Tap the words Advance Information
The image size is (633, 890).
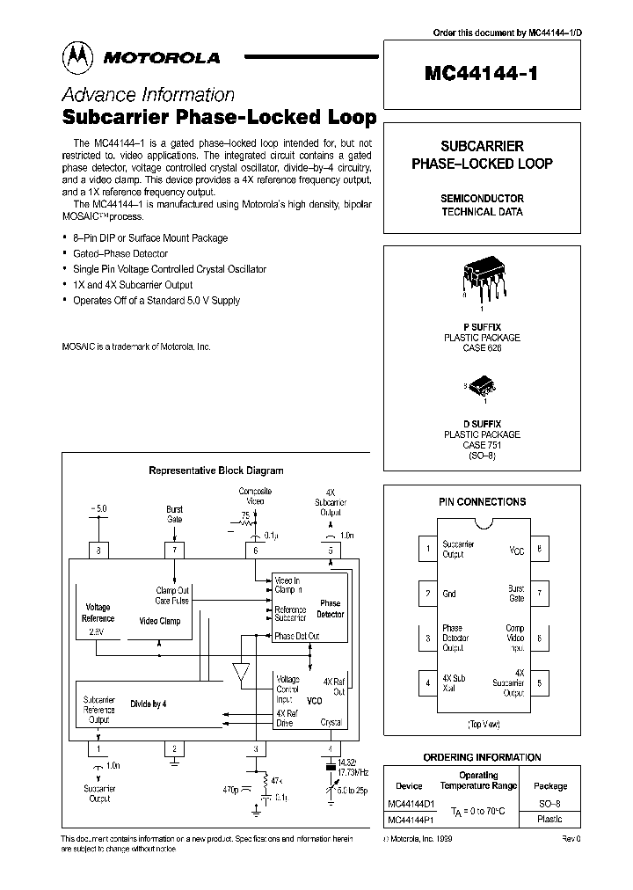coord(148,95)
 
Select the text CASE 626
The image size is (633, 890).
coord(481,348)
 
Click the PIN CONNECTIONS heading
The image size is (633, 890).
coord(482,501)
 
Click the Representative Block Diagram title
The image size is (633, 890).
coord(215,471)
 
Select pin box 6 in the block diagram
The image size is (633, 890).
coord(256,551)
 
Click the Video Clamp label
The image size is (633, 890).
coord(159,621)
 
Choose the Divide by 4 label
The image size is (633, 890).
coord(149,704)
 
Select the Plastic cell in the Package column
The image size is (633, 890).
coord(550,818)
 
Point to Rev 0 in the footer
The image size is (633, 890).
coord(571,840)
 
